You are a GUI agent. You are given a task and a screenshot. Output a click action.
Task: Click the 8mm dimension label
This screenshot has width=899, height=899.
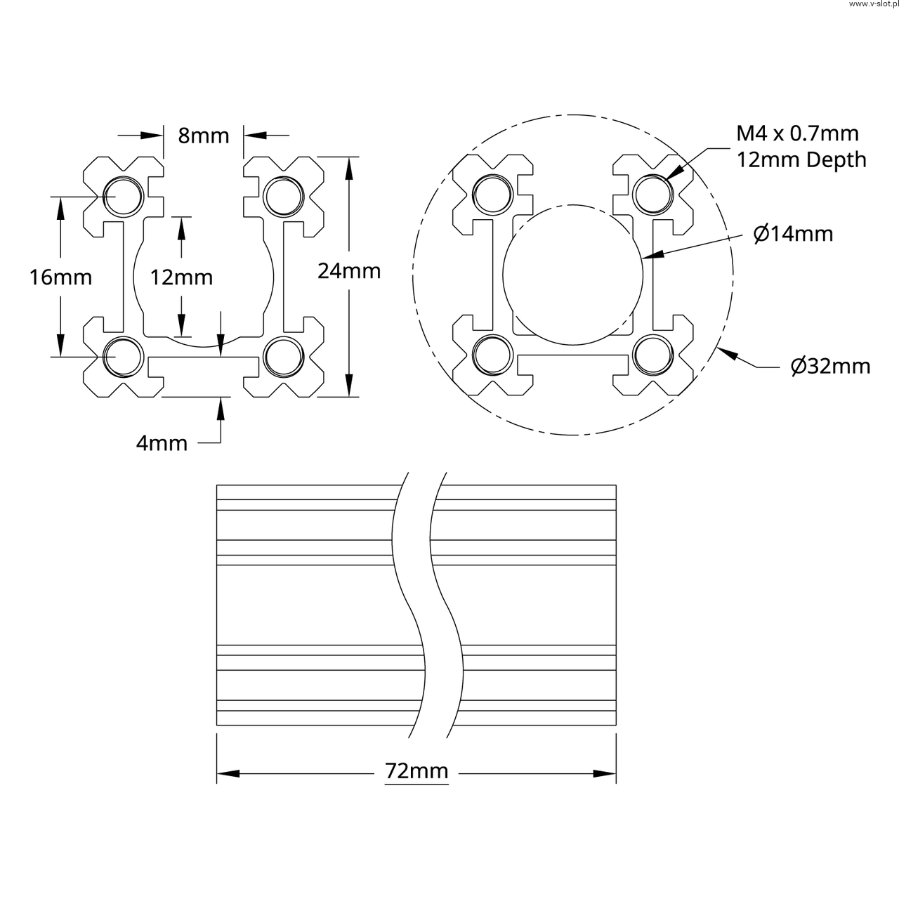click(x=203, y=136)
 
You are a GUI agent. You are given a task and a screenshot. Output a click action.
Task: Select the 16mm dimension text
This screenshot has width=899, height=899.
click(x=60, y=277)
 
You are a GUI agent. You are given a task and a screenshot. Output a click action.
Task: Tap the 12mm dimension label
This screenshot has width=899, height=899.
click(x=181, y=277)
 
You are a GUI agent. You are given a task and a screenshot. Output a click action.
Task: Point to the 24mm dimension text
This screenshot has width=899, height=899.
click(x=349, y=270)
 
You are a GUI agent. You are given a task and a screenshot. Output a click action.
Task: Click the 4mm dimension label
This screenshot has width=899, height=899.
click(x=162, y=443)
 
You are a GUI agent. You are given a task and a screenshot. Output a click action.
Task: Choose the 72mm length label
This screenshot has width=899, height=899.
click(x=416, y=771)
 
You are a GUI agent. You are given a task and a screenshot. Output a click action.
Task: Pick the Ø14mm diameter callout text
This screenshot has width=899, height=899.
click(x=793, y=233)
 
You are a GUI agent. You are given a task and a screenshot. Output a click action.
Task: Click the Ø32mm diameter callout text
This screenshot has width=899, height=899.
click(x=829, y=366)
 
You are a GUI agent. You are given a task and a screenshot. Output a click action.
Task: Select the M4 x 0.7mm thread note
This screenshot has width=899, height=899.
click(x=797, y=133)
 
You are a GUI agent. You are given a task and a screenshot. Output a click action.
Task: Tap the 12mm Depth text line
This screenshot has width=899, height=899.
click(x=801, y=160)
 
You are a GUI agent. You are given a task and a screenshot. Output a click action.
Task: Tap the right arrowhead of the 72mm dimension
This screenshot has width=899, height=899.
click(x=605, y=774)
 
